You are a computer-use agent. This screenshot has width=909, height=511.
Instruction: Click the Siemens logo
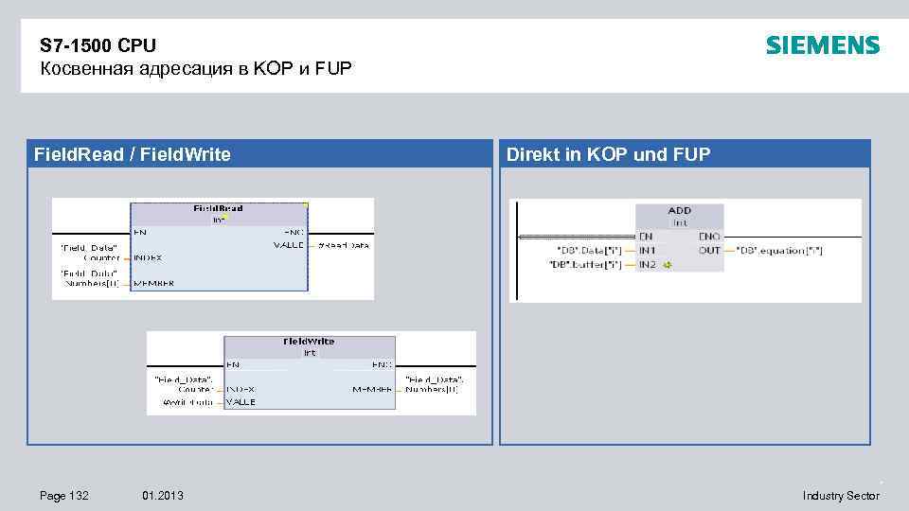coord(822,45)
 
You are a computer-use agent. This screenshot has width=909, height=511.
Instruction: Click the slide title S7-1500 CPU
coord(98,45)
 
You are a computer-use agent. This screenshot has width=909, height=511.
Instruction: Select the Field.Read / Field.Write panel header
coord(132,154)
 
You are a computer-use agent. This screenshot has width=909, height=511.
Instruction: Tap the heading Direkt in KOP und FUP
coord(608,154)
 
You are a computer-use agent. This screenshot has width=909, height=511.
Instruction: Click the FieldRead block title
coord(218,207)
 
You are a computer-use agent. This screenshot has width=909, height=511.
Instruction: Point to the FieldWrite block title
coord(309,341)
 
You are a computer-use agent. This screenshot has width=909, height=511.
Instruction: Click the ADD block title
coord(679,210)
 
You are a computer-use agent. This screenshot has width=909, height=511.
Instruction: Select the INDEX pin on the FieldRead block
coord(148,256)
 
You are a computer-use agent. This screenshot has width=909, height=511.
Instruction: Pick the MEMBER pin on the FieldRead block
coord(152,282)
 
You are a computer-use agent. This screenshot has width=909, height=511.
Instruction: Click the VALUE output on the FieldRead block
coord(289,245)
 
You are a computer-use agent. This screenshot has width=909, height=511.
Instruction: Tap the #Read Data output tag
coord(343,245)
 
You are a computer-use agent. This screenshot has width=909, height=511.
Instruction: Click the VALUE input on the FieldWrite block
coord(241,401)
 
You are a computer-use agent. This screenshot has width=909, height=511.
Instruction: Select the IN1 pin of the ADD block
coord(647,250)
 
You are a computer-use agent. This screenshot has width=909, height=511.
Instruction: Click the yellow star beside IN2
coord(667,264)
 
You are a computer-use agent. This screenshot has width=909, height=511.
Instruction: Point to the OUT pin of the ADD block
coord(709,250)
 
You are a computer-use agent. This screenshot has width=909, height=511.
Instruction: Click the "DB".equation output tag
coord(779,250)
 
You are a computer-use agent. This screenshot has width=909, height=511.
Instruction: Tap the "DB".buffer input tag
coord(585,264)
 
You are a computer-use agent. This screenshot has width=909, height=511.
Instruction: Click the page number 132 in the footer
coord(65,495)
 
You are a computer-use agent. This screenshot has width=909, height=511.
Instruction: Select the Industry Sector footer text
coord(841,495)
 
